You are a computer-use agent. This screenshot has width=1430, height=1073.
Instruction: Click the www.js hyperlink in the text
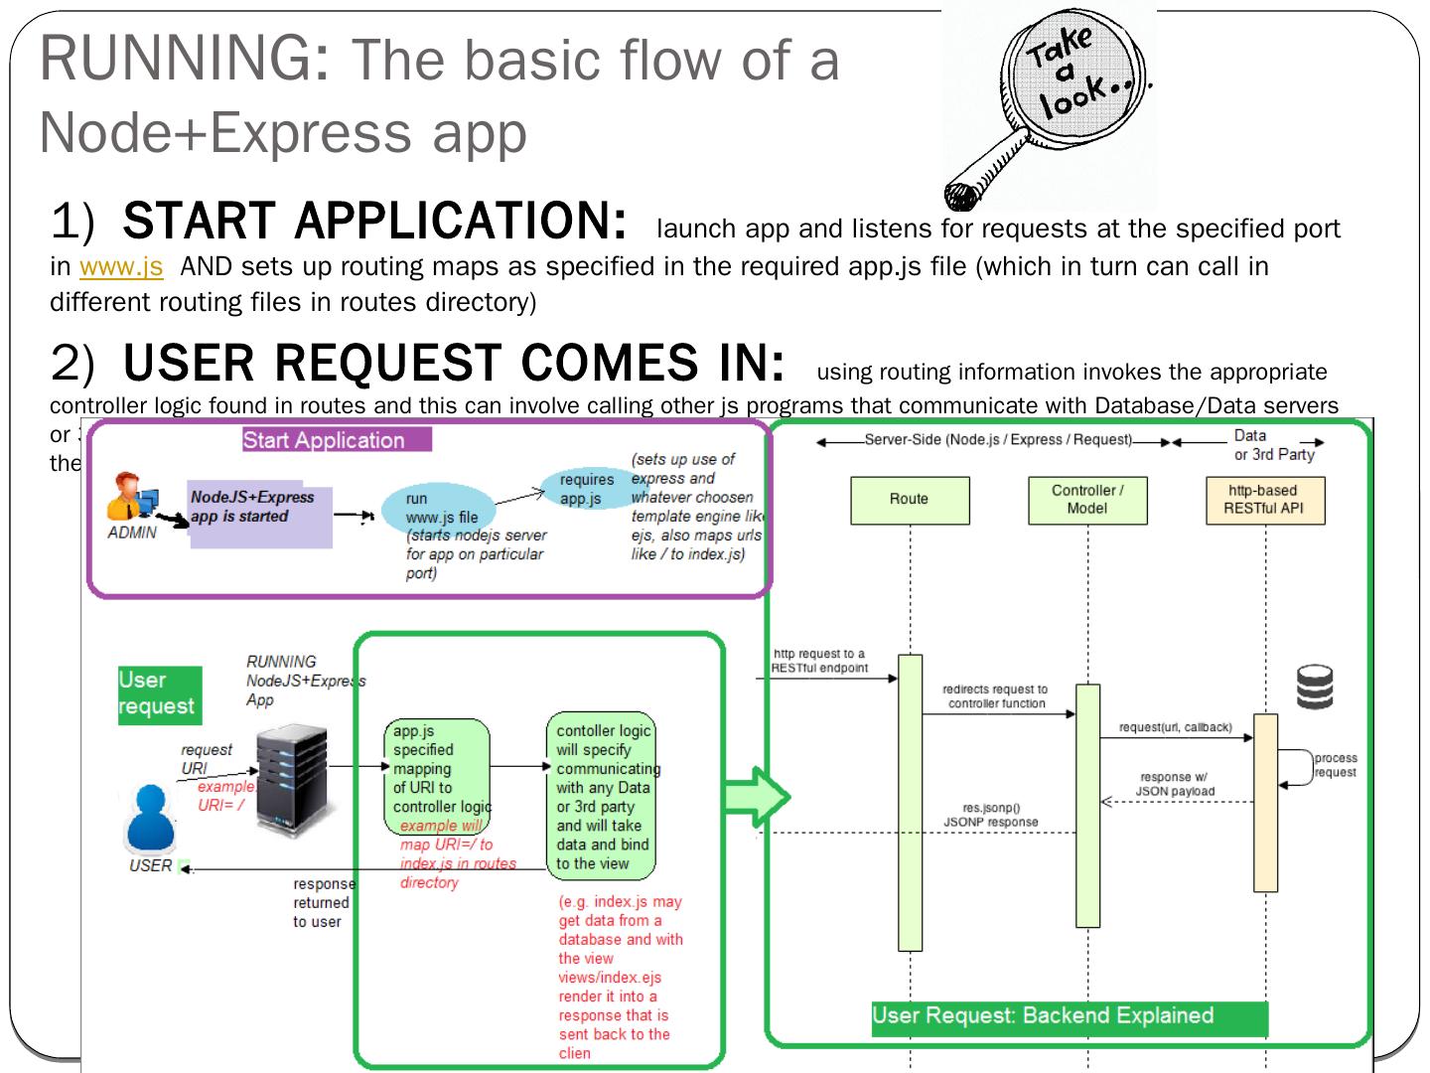point(121,267)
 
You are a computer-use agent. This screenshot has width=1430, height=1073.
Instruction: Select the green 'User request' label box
point(159,694)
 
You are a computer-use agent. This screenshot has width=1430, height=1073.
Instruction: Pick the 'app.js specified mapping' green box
point(436,777)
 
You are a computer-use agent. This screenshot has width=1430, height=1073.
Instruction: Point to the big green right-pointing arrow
point(758,797)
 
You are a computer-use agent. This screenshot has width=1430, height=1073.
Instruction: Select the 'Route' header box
point(910,500)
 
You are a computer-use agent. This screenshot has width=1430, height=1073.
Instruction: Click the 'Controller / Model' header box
point(1087,500)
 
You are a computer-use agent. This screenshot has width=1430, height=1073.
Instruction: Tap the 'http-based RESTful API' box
point(1262,500)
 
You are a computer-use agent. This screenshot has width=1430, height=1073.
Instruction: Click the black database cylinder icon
point(1315,687)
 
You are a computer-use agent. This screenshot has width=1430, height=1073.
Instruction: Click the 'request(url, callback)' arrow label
point(1175,728)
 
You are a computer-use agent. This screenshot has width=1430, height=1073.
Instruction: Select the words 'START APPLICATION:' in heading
point(374,222)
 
